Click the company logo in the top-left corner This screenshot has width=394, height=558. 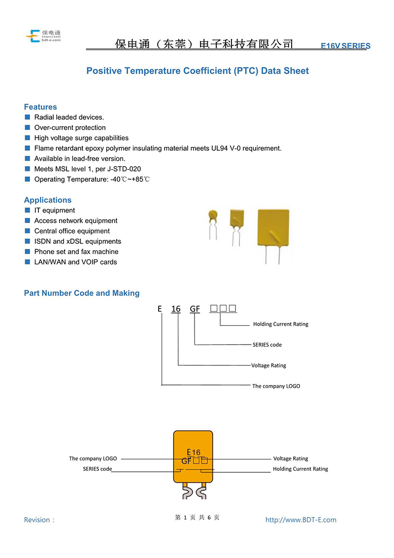point(43,36)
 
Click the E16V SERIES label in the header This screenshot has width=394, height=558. point(345,46)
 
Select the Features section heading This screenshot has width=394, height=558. point(40,107)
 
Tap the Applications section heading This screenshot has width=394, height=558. point(48,200)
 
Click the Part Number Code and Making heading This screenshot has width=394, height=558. point(82,293)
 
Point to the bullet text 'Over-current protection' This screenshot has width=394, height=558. point(70,127)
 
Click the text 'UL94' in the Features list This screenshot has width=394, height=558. point(219,148)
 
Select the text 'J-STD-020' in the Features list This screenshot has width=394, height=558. point(124,169)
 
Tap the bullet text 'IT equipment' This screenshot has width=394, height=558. point(54,210)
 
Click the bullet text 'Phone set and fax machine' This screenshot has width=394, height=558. point(76,251)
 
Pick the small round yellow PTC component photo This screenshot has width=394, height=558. point(213,224)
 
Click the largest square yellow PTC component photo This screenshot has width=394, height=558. point(273,236)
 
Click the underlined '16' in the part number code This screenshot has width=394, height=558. point(176,309)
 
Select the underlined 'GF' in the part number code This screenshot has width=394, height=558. point(195,309)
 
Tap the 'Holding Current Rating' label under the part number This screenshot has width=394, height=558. point(281,324)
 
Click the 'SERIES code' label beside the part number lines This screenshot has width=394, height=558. point(267,345)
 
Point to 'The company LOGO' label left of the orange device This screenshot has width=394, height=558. point(93,459)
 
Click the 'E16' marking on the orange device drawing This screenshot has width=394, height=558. point(194,453)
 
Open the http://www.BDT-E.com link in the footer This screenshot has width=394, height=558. point(301,520)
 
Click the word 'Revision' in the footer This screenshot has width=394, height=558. point(37,520)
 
